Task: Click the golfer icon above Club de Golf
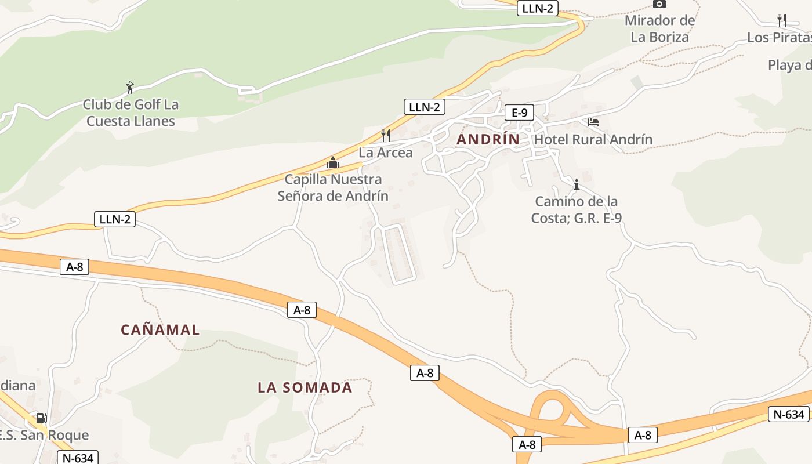point(130,88)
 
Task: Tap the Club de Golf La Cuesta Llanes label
point(130,113)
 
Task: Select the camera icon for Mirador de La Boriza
point(659,3)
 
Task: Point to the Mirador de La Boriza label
point(660,29)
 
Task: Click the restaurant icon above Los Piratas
point(782,20)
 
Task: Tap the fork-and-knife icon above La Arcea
point(386,135)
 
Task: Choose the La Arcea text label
point(386,153)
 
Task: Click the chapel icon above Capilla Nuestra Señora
point(332,163)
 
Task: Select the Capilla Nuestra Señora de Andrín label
point(333,187)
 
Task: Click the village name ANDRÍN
point(488,140)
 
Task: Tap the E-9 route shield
point(519,113)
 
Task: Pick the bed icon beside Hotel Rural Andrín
point(593,122)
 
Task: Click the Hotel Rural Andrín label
point(593,140)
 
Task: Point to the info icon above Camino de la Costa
point(577,185)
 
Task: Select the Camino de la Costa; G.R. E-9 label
point(577,210)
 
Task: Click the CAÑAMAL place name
point(160,330)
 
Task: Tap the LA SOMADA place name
point(305,387)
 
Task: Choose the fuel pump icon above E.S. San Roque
point(41,418)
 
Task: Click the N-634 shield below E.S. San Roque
point(78,458)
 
